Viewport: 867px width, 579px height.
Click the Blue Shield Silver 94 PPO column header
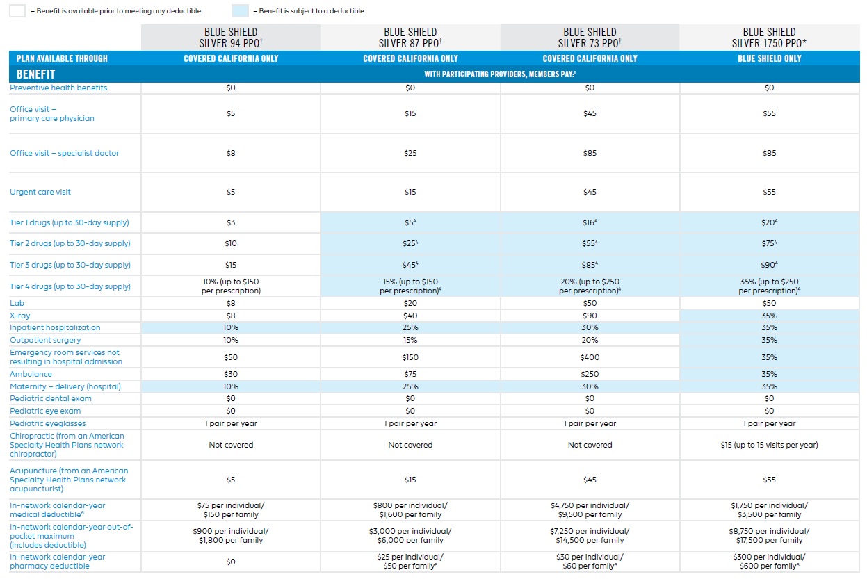coord(231,38)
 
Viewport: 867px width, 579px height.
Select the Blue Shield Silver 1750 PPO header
coord(769,38)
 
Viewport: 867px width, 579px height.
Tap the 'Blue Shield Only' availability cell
coord(769,58)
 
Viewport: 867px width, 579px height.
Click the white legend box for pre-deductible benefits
coord(18,10)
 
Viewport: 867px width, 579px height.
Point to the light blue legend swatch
coord(241,10)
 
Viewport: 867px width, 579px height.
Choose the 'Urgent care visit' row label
coord(40,192)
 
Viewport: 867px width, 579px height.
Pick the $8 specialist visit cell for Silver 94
coord(231,153)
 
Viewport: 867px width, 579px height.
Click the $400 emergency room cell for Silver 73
coord(590,357)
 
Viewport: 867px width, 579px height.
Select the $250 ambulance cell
coord(590,374)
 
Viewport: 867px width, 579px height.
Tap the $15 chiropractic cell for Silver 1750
coord(769,445)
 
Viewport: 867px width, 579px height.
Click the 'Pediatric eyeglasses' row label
coord(48,423)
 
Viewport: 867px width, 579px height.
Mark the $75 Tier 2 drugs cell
coord(769,244)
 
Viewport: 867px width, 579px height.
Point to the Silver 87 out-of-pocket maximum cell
coord(410,536)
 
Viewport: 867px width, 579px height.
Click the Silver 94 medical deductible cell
coord(231,510)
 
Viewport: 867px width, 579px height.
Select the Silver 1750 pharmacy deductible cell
coord(769,562)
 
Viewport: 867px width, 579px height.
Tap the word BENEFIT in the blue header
coord(35,74)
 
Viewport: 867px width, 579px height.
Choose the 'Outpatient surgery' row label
coord(45,340)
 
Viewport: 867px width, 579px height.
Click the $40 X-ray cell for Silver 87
coord(410,316)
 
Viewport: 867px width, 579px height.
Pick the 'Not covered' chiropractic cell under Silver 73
coord(590,445)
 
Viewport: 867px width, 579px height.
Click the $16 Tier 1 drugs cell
coord(590,222)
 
